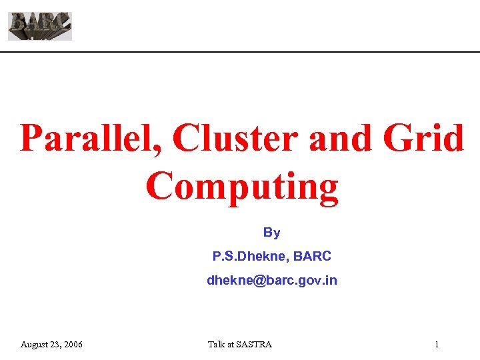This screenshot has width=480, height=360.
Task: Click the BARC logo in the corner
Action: click(40, 26)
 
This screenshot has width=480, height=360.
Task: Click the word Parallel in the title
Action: click(87, 139)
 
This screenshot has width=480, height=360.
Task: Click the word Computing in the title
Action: click(242, 186)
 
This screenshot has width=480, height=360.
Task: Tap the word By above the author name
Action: click(271, 233)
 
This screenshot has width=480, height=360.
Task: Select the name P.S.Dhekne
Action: click(246, 256)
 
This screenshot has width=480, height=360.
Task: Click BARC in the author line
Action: click(314, 256)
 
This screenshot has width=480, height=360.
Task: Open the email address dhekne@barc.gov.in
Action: click(271, 281)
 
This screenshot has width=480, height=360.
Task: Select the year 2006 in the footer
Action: click(73, 345)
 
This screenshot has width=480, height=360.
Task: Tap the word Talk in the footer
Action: click(217, 345)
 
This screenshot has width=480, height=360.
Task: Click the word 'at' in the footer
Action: click(232, 345)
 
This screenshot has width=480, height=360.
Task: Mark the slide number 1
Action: click(436, 345)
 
